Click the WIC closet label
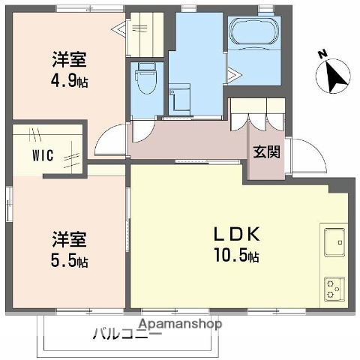click(x=42, y=157)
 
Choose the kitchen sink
click(x=334, y=241)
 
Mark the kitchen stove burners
click(x=334, y=286)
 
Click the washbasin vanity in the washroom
click(x=179, y=100)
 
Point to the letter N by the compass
click(x=322, y=54)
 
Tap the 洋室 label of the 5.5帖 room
click(x=70, y=241)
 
